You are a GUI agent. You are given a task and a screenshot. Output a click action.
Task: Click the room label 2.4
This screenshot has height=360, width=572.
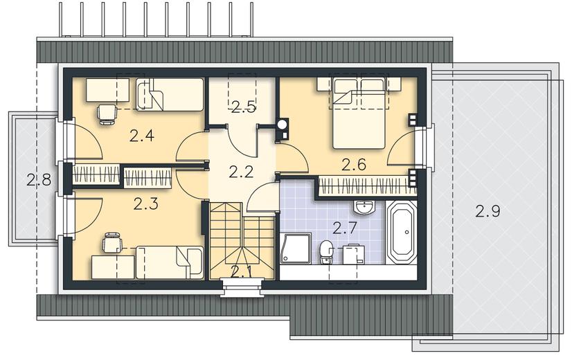pyautogui.click(x=141, y=136)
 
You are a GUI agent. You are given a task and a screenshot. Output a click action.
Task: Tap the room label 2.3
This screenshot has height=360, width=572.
pyautogui.click(x=145, y=204)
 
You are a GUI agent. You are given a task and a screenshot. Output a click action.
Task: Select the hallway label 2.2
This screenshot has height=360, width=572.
pyautogui.click(x=241, y=172)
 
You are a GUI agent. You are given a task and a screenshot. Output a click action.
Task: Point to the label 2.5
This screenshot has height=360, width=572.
pyautogui.click(x=243, y=107)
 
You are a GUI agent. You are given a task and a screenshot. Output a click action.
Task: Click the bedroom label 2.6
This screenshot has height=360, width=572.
pyautogui.click(x=353, y=165)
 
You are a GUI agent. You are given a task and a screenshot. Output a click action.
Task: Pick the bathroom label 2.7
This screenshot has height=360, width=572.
pyautogui.click(x=345, y=228)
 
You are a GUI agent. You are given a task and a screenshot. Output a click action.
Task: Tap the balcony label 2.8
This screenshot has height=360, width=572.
pyautogui.click(x=39, y=180)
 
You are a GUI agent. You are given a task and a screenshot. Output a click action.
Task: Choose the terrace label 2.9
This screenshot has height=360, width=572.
pyautogui.click(x=488, y=211)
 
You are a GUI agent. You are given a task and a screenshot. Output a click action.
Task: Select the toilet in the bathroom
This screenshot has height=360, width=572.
pyautogui.click(x=325, y=252)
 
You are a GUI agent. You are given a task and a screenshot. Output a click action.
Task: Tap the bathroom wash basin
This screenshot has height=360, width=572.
pyautogui.click(x=364, y=208)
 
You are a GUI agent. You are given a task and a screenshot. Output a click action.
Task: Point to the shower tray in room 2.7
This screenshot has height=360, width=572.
pyautogui.click(x=296, y=249)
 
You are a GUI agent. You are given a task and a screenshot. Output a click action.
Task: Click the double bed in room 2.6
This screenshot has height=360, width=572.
pyautogui.click(x=359, y=113)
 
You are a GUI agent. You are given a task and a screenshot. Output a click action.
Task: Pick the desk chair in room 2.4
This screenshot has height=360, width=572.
pyautogui.click(x=107, y=114)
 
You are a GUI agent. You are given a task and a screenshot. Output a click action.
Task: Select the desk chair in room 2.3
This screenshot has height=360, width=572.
pyautogui.click(x=111, y=242)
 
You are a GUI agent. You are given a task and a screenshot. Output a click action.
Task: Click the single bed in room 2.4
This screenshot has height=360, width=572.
pyautogui.click(x=170, y=94)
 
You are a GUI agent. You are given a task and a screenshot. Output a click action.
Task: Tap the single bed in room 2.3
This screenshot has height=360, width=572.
pyautogui.click(x=170, y=262)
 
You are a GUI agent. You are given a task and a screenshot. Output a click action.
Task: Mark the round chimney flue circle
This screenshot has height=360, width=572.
pyautogui.click(x=282, y=125)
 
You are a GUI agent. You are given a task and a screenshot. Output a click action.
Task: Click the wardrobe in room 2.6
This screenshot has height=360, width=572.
pyautogui.click(x=367, y=186)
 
